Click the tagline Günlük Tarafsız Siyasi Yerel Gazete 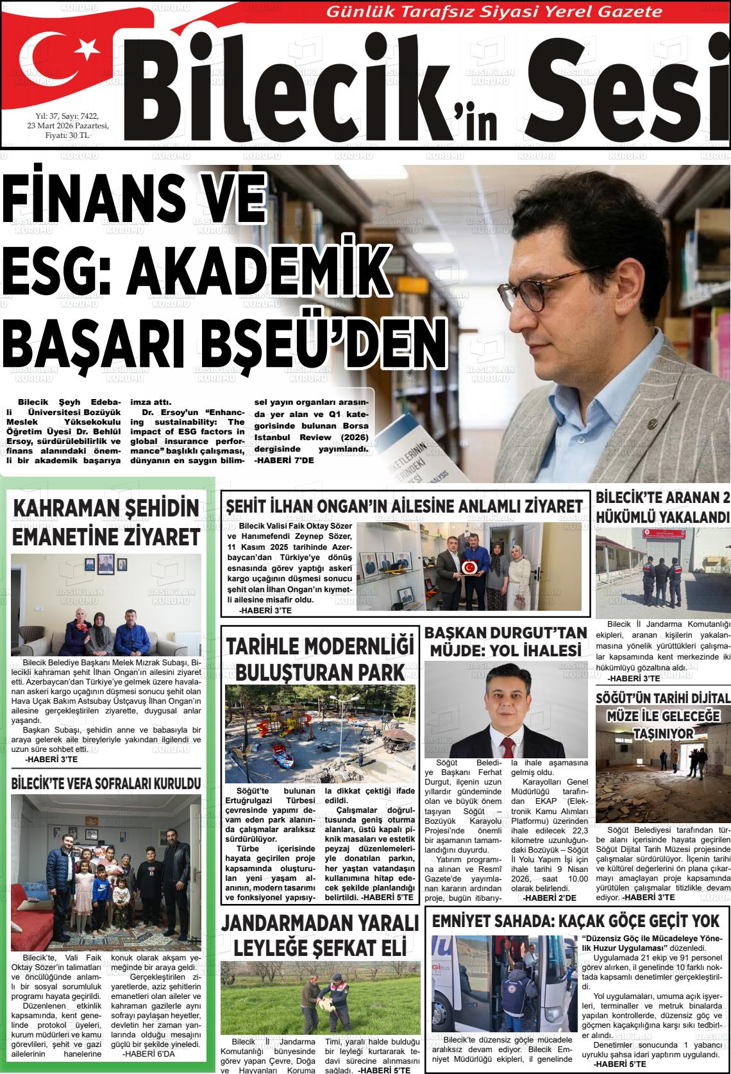[x=494, y=11]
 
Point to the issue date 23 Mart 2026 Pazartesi [x=72, y=125]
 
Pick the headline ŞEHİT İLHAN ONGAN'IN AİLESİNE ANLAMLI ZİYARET [x=404, y=506]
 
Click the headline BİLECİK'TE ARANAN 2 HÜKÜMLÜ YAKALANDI [x=663, y=507]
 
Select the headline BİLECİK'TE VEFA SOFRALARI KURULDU [x=106, y=783]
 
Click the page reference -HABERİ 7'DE [x=283, y=460]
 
